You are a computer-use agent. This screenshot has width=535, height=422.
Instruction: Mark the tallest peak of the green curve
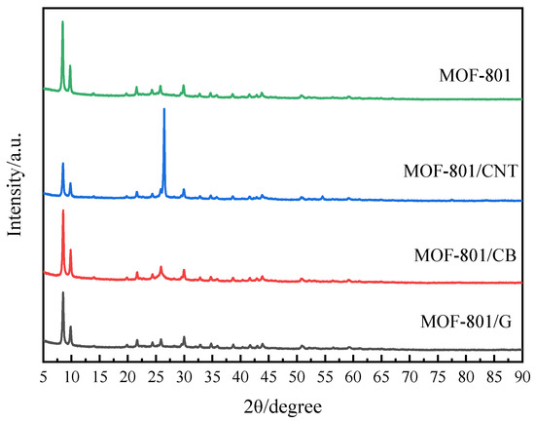point(63,21)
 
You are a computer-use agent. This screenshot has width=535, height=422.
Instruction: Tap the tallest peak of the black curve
point(63,292)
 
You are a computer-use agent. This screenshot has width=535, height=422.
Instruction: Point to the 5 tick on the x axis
point(44,374)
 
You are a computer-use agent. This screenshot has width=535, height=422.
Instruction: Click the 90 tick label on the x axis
point(523,374)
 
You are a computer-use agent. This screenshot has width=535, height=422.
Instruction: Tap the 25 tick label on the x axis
point(157,374)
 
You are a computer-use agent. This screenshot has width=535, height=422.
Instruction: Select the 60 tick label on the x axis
point(354,374)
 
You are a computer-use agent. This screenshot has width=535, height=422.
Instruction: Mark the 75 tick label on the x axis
point(439,374)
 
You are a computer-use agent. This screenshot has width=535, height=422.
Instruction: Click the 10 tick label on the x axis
point(72,374)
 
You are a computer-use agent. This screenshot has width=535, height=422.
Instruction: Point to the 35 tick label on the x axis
point(213,374)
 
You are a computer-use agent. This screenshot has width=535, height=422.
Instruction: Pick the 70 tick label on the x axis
point(410,374)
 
